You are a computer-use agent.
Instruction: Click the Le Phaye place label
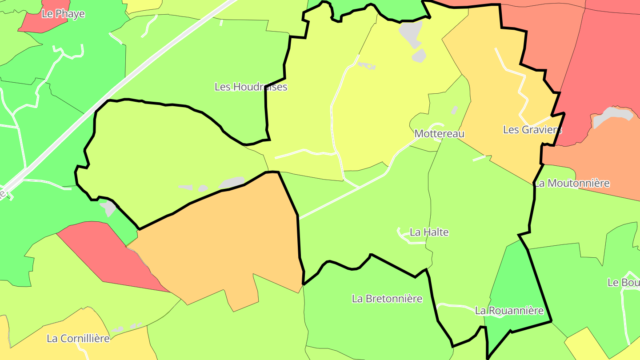[63, 14]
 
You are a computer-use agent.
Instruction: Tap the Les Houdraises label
[251, 87]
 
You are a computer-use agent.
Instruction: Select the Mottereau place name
[439, 133]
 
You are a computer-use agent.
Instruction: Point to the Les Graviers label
[532, 129]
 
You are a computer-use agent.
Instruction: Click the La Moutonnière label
[572, 183]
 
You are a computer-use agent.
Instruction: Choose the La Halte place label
[429, 232]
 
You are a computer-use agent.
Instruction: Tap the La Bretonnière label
[387, 299]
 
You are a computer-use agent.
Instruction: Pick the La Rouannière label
[509, 311]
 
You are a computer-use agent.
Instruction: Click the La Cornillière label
[78, 338]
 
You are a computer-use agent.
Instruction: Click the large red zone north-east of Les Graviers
[600, 67]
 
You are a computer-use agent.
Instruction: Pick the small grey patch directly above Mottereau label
[454, 109]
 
